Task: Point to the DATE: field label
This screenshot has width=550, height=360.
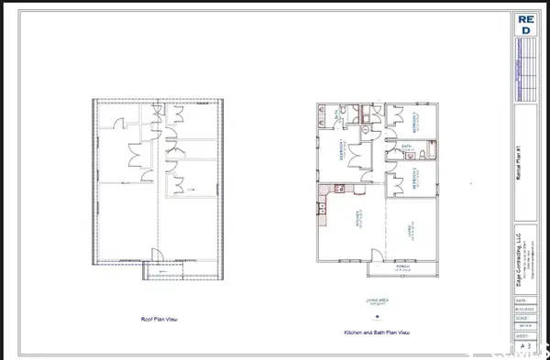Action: [x=522, y=300]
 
